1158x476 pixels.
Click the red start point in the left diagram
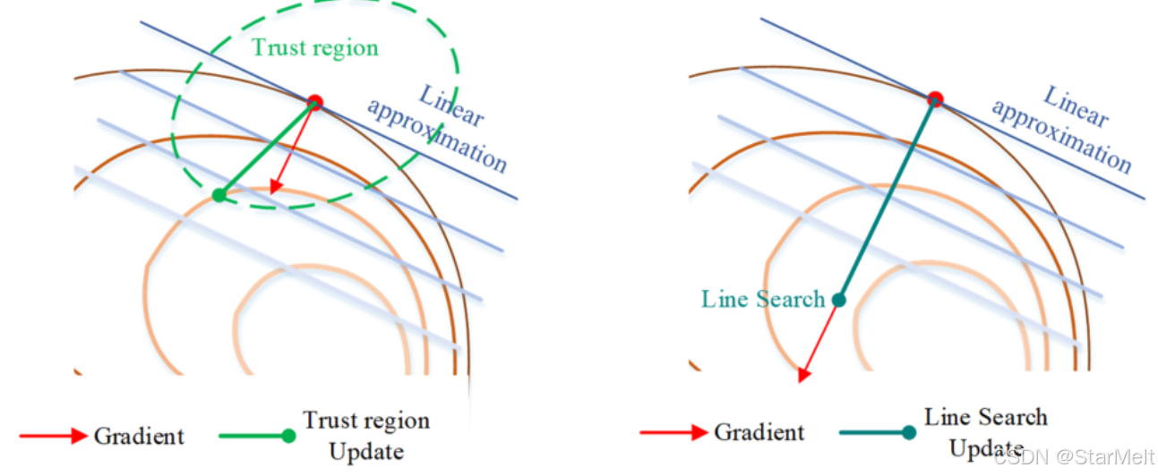(x=314, y=101)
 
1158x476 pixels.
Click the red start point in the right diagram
(x=935, y=98)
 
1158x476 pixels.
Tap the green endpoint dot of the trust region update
(x=219, y=195)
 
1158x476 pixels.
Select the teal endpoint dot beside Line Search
(x=838, y=300)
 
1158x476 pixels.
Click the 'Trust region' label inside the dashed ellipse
(x=315, y=47)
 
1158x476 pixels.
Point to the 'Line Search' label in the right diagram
(x=763, y=299)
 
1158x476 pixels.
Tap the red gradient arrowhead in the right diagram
(x=803, y=375)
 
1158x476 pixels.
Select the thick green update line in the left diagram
(x=267, y=148)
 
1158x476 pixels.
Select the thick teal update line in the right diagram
(x=887, y=199)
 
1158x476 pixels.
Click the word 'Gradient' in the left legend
(x=139, y=437)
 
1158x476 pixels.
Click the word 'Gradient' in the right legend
(x=759, y=433)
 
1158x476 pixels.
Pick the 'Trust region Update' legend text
(x=365, y=436)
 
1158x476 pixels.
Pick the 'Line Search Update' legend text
(x=985, y=432)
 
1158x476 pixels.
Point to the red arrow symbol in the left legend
(x=62, y=437)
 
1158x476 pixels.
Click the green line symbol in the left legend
(x=256, y=437)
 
